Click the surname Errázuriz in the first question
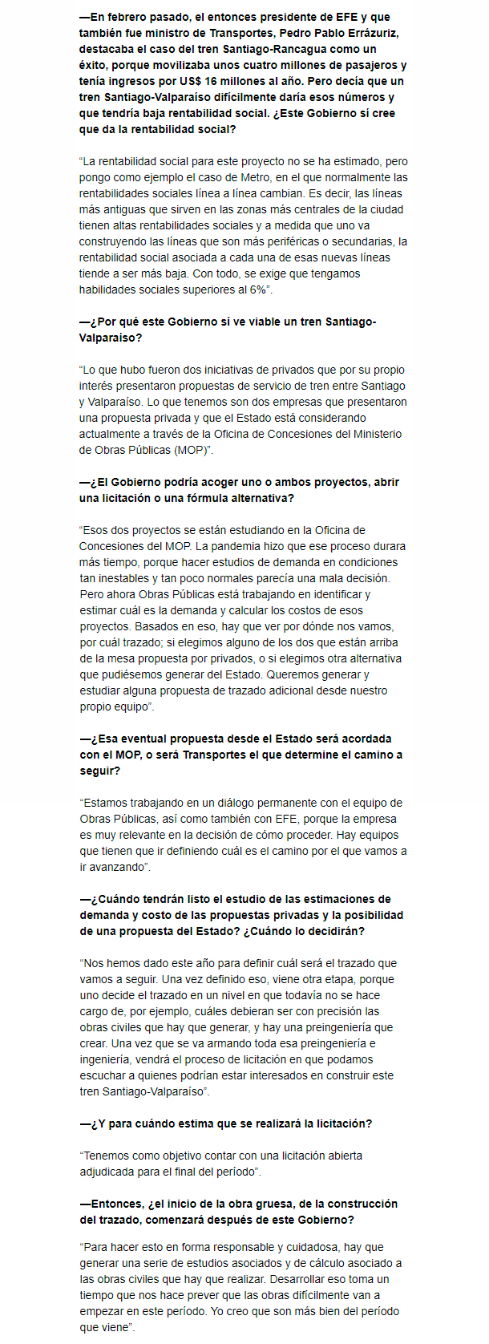click(372, 33)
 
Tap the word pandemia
click(243, 546)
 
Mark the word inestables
click(123, 578)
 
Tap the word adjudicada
click(107, 1172)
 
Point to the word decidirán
click(336, 931)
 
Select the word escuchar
click(102, 1075)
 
